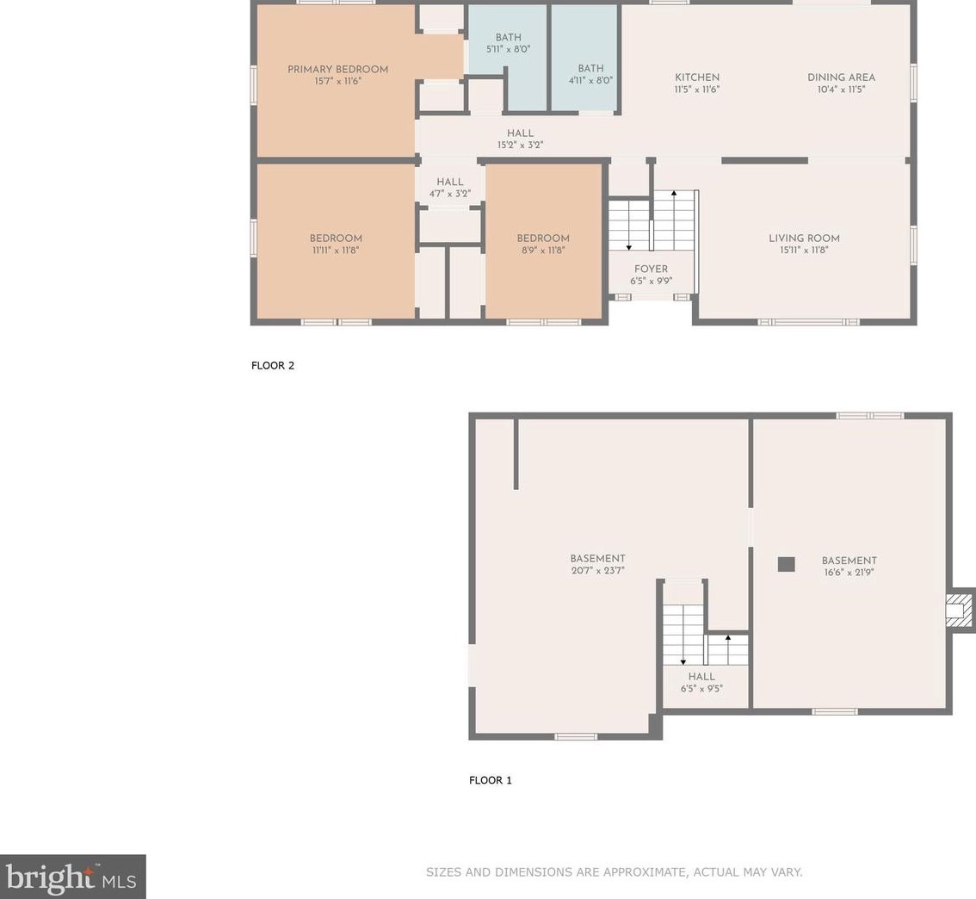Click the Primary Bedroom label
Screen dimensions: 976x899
click(x=338, y=69)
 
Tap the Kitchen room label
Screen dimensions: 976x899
click(x=697, y=77)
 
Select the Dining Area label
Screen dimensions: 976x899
click(x=841, y=77)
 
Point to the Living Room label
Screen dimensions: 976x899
click(x=804, y=238)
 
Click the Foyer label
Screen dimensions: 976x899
click(x=651, y=269)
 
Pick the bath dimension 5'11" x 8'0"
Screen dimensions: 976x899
click(x=509, y=49)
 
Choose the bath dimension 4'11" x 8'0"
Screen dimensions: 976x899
click(x=590, y=80)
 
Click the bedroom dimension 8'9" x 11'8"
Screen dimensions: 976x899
click(x=543, y=251)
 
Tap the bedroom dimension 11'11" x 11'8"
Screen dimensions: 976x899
click(x=337, y=251)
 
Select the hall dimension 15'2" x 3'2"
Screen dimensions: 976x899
click(x=521, y=145)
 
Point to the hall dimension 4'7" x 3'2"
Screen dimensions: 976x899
click(x=449, y=194)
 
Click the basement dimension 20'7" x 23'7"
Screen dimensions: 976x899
click(x=597, y=570)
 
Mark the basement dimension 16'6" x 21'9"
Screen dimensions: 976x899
click(x=849, y=572)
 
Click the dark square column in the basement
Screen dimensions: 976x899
click(x=786, y=564)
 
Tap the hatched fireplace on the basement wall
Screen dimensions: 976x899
click(x=960, y=609)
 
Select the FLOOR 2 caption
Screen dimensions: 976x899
click(x=273, y=365)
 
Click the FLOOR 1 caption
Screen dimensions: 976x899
click(x=491, y=780)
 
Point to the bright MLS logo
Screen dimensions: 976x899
click(x=73, y=877)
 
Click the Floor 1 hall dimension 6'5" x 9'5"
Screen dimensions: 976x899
click(x=701, y=689)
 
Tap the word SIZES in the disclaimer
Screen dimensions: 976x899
click(x=443, y=872)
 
